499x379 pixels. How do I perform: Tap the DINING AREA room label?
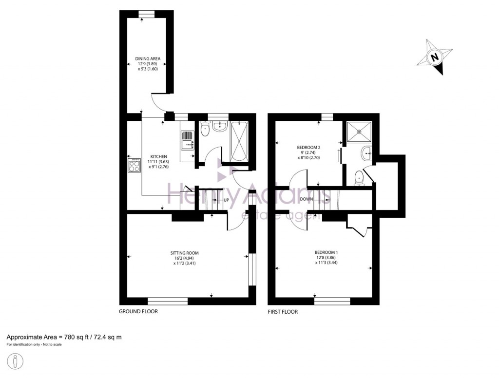[148, 59]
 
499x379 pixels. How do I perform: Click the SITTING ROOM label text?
[184, 253]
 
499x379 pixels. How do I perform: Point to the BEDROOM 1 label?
[326, 252]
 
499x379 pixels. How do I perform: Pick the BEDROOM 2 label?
[308, 147]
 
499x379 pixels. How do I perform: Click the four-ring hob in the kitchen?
[134, 166]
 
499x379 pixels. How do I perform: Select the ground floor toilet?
[205, 129]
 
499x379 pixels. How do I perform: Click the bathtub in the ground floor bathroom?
[239, 142]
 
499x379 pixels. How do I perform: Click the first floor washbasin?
[366, 154]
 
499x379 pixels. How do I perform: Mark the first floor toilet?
[360, 178]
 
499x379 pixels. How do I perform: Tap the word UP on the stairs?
[227, 200]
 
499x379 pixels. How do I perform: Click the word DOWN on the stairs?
[307, 199]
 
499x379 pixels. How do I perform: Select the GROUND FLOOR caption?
[138, 311]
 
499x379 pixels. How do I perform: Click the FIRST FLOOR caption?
[283, 311]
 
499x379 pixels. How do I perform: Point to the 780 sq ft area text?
[64, 337]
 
